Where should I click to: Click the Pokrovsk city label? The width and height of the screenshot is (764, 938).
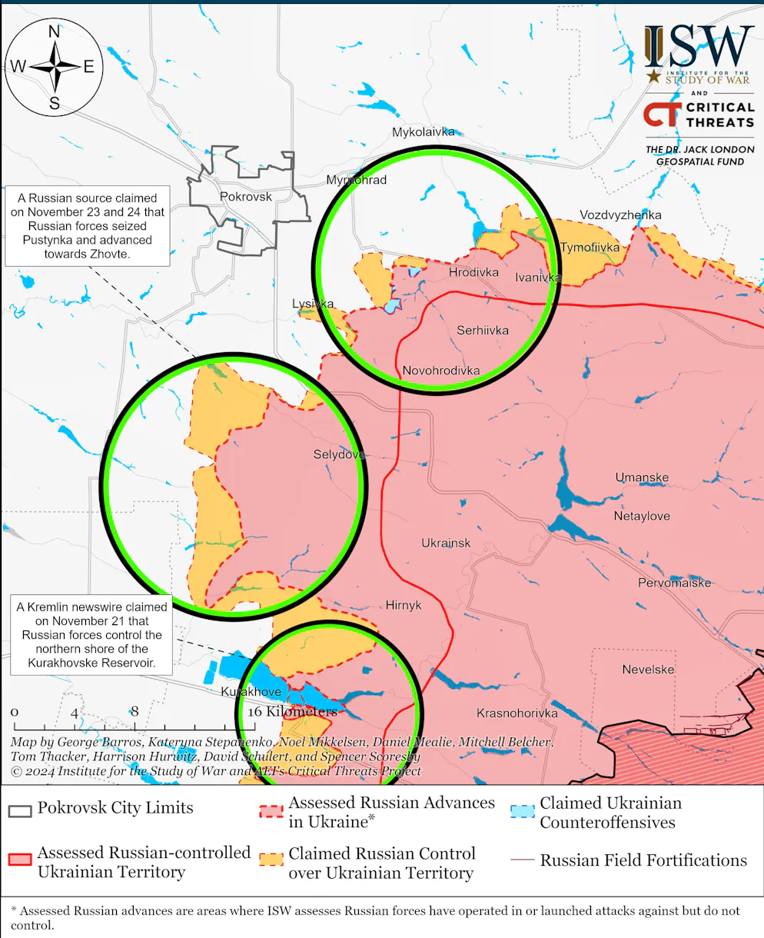click(x=246, y=197)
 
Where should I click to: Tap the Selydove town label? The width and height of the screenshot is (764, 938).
click(x=339, y=454)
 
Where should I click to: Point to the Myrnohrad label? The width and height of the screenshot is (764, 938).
click(x=356, y=180)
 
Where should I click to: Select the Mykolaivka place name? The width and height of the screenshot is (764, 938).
click(x=424, y=132)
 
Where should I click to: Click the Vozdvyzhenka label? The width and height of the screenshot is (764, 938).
click(x=620, y=215)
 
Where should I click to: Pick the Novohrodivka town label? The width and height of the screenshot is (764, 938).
click(x=441, y=371)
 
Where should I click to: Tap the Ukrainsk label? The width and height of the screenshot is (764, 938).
click(x=446, y=544)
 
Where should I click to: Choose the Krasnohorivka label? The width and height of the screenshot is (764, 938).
click(x=517, y=713)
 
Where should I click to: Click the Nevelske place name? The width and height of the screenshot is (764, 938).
click(x=648, y=670)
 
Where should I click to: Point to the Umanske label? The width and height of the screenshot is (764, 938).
click(x=642, y=477)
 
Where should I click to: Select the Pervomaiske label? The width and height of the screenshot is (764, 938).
click(x=674, y=584)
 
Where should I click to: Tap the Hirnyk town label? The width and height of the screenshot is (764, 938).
click(x=404, y=605)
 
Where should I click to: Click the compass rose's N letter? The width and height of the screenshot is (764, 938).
click(x=55, y=32)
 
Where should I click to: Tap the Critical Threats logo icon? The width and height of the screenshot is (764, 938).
click(x=661, y=115)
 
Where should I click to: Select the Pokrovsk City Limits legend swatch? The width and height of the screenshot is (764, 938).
click(x=20, y=810)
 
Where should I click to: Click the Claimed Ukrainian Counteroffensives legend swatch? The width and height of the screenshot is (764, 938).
click(x=523, y=812)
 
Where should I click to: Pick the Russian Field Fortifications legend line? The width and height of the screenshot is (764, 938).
click(x=523, y=860)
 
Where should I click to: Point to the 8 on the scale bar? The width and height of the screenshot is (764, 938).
click(x=135, y=712)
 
